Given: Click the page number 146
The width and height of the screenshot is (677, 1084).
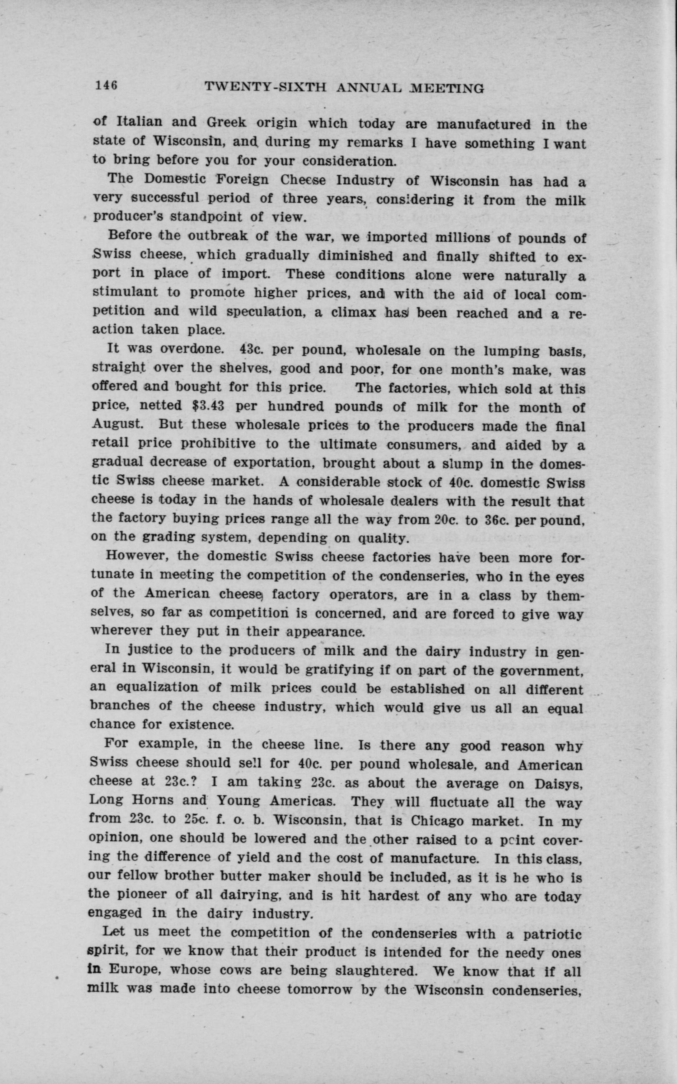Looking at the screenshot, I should [x=106, y=86].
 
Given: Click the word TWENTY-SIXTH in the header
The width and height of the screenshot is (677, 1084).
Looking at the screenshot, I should [x=265, y=89].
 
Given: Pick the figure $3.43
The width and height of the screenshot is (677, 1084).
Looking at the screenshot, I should [x=207, y=407].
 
